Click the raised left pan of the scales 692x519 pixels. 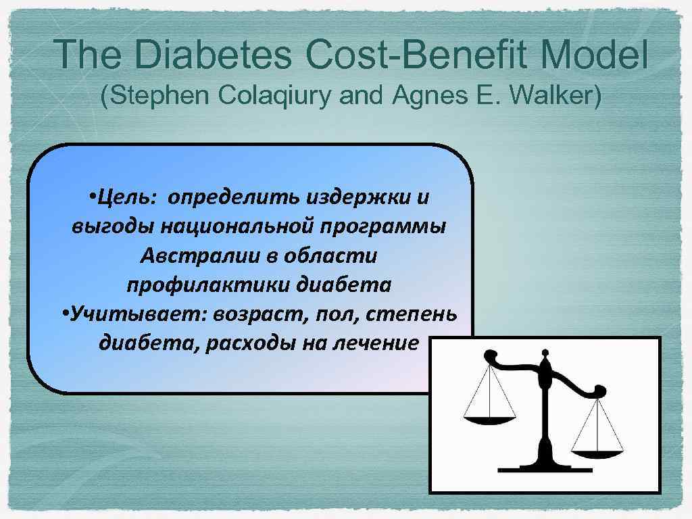[x=489, y=419]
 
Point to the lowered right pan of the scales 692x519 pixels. [x=596, y=447]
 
